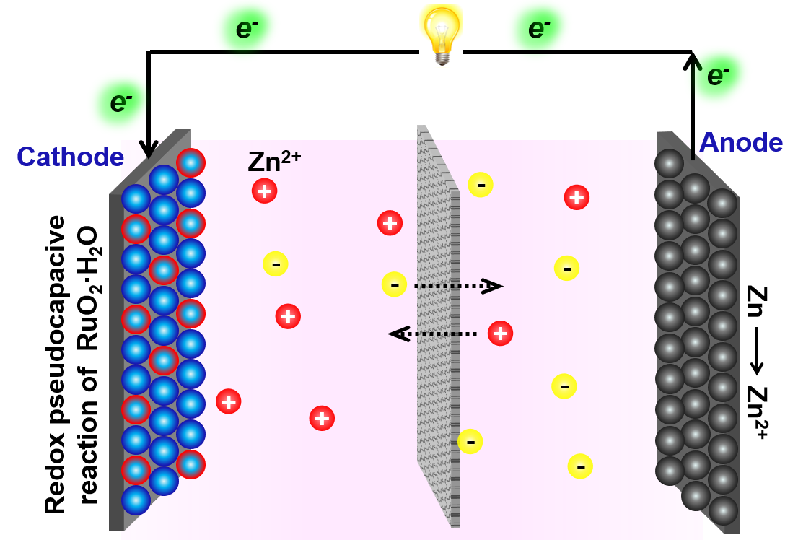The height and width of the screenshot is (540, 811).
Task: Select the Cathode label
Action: click(x=70, y=156)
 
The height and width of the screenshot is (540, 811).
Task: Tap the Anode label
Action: click(x=740, y=143)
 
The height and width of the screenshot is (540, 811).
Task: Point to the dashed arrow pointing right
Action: click(x=457, y=287)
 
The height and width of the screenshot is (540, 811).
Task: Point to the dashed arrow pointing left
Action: click(x=433, y=334)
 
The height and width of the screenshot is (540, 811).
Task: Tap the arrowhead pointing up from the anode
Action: click(x=692, y=61)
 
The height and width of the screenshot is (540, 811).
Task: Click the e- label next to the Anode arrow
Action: click(x=719, y=76)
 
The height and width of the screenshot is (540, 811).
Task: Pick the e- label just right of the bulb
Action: click(x=539, y=30)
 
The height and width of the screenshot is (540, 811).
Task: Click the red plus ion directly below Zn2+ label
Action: click(x=263, y=191)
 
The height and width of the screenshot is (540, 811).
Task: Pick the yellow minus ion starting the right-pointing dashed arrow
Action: click(x=394, y=284)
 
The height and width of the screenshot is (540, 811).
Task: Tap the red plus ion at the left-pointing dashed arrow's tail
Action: click(x=500, y=334)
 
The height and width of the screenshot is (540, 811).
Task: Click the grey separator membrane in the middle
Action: click(x=438, y=325)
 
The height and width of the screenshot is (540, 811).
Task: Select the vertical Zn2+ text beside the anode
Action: click(x=758, y=412)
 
